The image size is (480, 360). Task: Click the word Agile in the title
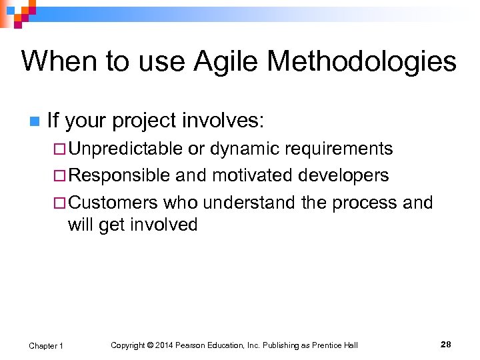coord(226,62)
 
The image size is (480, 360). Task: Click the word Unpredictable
coord(125,148)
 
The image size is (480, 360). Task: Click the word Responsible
coord(119,175)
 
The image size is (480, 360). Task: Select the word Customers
coord(113,202)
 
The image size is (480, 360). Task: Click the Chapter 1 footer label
coord(46,345)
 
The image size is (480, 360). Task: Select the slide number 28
coord(445,345)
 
